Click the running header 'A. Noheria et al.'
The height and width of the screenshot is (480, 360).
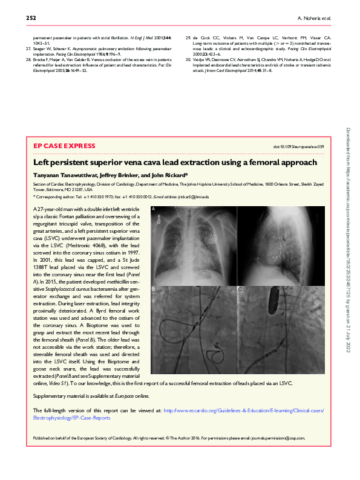(x=312, y=18)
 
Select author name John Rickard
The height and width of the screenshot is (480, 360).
(x=180, y=175)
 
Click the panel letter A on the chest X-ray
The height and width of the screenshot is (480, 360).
(x=154, y=209)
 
